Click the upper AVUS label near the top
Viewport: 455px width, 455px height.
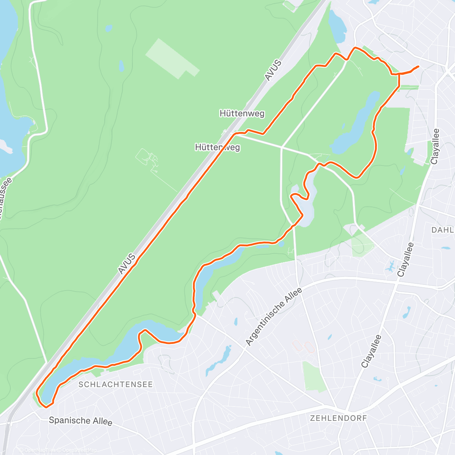coord(273,70)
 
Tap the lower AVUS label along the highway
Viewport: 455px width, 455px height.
coord(127,264)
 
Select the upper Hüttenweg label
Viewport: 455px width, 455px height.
coord(242,113)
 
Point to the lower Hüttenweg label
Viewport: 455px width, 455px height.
coord(217,147)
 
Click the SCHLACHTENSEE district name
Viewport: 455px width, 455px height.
coord(116,384)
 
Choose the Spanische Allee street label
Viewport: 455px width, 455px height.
coord(80,420)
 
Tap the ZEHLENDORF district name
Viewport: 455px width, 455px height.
coord(339,418)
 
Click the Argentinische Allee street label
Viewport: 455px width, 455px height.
coord(274,317)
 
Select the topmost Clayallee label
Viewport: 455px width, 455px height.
coord(435,146)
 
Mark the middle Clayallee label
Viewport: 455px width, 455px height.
coord(405,260)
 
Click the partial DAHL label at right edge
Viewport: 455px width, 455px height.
coord(442,230)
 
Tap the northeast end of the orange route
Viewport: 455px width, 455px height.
coord(418,67)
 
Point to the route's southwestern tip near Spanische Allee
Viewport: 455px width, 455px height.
coord(45,407)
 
